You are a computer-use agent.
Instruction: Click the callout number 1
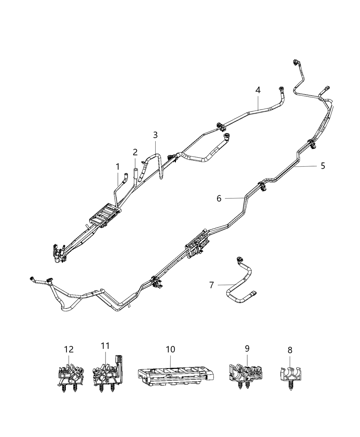click(x=118, y=167)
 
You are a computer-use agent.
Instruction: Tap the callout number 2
click(x=135, y=152)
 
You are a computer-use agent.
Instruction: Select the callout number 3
click(x=155, y=135)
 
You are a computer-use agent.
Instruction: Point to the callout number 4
click(x=257, y=90)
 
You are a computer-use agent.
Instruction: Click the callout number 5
click(x=323, y=166)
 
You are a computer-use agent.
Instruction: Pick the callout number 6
click(x=219, y=198)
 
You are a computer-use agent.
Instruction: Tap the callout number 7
click(x=212, y=284)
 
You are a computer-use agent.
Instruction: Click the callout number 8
click(x=290, y=350)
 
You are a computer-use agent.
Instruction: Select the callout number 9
click(x=247, y=348)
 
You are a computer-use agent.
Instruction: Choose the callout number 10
click(x=170, y=349)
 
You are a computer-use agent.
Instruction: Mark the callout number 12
click(x=69, y=349)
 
